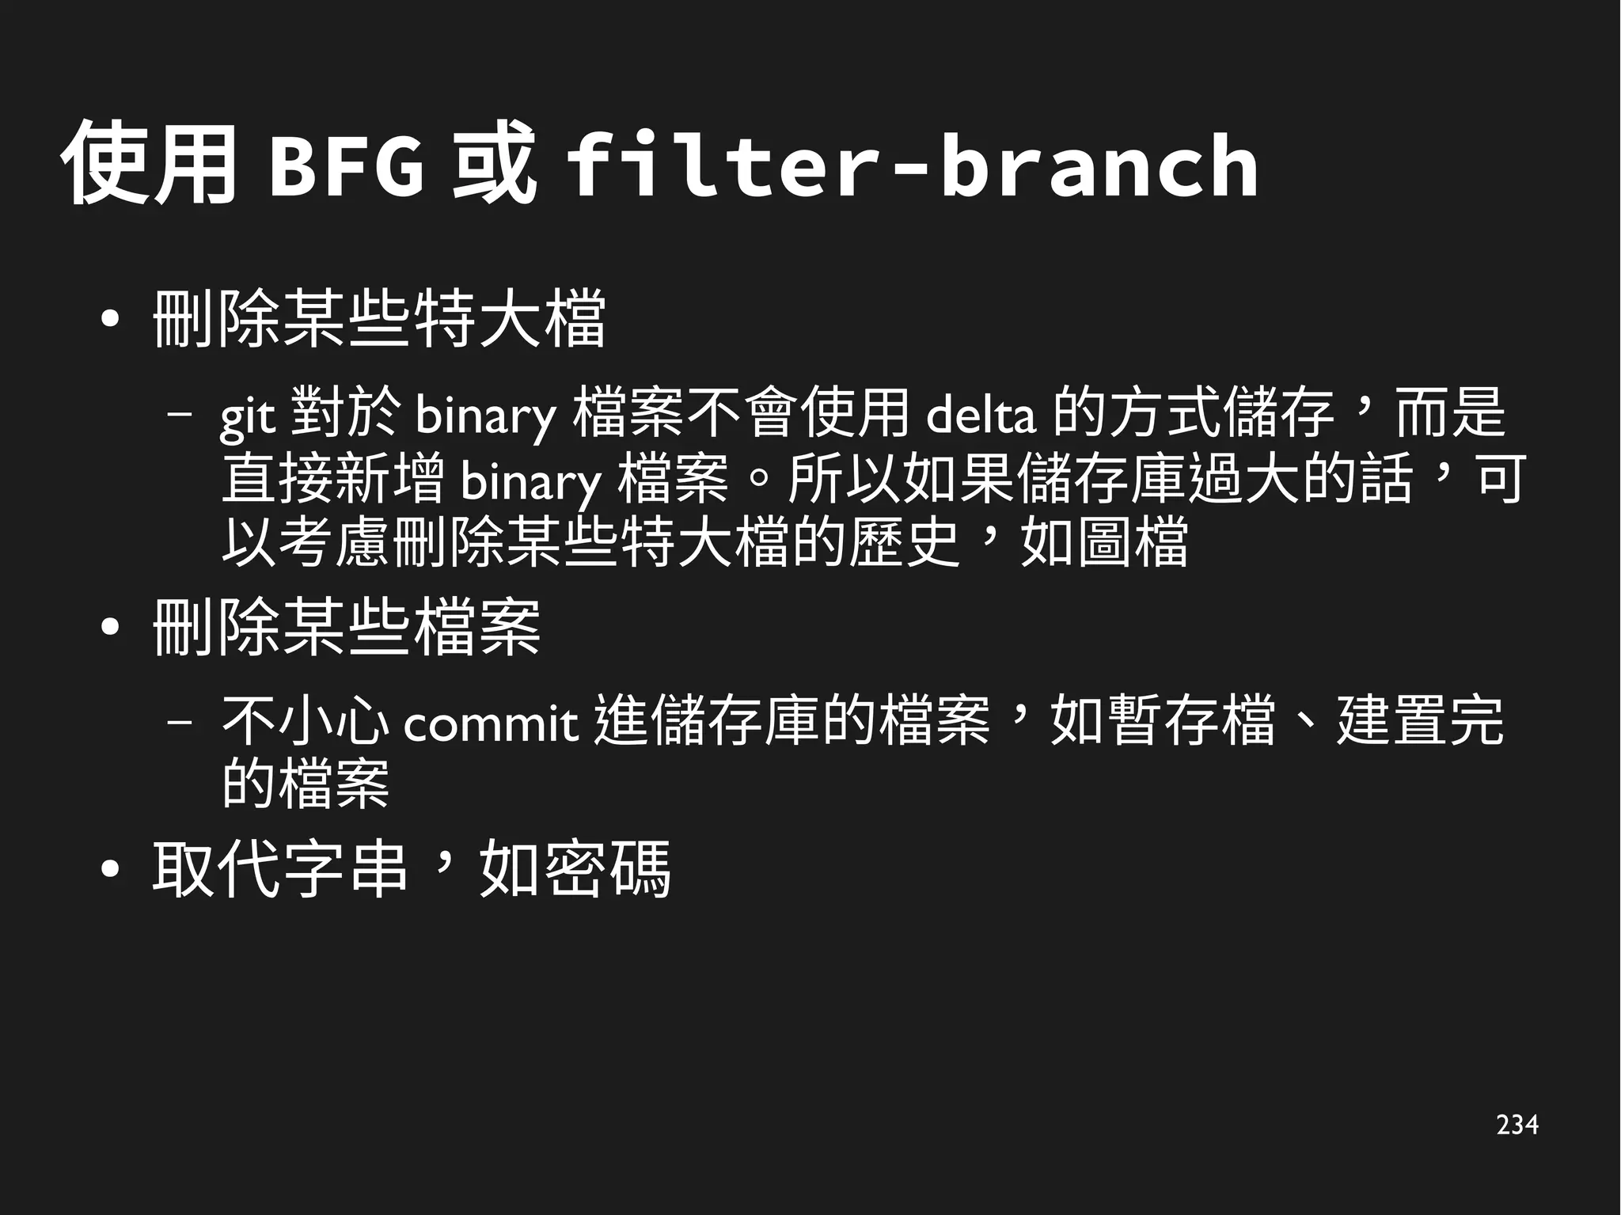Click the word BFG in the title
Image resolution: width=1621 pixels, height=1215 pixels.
coord(346,167)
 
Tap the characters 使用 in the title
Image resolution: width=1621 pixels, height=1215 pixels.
coord(149,164)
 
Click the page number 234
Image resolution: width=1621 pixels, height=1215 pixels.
coord(1517,1125)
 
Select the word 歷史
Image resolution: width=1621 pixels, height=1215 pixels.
coord(905,543)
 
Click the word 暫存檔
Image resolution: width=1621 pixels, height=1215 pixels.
coord(1191,721)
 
